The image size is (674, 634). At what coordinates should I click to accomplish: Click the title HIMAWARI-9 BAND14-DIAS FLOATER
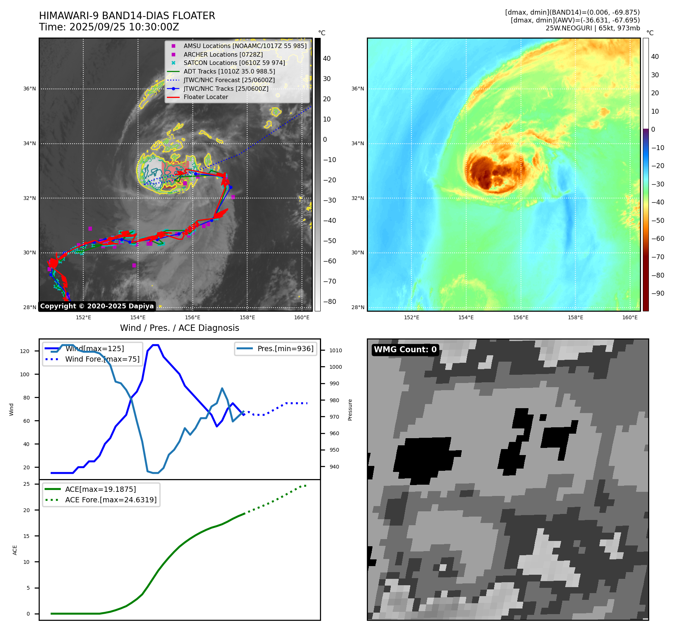coord(127,16)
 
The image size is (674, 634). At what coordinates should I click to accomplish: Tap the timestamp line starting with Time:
coord(109,27)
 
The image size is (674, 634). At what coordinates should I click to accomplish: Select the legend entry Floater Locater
coord(206,97)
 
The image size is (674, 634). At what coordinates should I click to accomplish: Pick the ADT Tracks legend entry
coord(229,71)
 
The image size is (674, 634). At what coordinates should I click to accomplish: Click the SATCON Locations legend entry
coord(234,63)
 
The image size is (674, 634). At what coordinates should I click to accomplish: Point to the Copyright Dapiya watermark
coord(97,306)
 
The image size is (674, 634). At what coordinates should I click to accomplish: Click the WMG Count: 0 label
coord(405,350)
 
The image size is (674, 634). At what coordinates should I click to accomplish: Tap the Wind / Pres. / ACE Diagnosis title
coord(179,328)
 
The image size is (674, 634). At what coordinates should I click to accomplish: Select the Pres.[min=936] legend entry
coord(285,349)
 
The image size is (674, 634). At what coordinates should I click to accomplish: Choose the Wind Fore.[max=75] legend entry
coord(102,359)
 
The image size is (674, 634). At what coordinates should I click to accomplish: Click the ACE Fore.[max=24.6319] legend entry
coord(111,500)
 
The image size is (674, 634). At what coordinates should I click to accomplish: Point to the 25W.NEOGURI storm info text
coord(593,28)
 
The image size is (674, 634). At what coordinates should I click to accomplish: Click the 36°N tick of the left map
coord(30,89)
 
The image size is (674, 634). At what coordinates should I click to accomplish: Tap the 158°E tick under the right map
coord(575,317)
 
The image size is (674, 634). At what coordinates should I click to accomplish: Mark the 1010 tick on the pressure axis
coord(336,350)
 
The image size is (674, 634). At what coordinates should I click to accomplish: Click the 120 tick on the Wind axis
coord(25,351)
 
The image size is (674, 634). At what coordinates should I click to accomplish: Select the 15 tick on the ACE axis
coord(26,536)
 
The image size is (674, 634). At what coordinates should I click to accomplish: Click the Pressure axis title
coord(350,410)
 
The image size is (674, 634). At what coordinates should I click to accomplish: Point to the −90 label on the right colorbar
coord(657,293)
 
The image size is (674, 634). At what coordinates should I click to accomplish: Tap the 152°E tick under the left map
coord(83,317)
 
